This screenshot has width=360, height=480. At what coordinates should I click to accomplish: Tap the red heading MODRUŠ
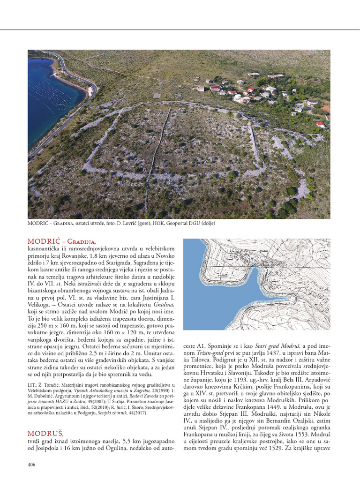(45, 433)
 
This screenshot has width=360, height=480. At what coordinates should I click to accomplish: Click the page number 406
(32, 465)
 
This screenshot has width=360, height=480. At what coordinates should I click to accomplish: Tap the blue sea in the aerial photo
(52, 94)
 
